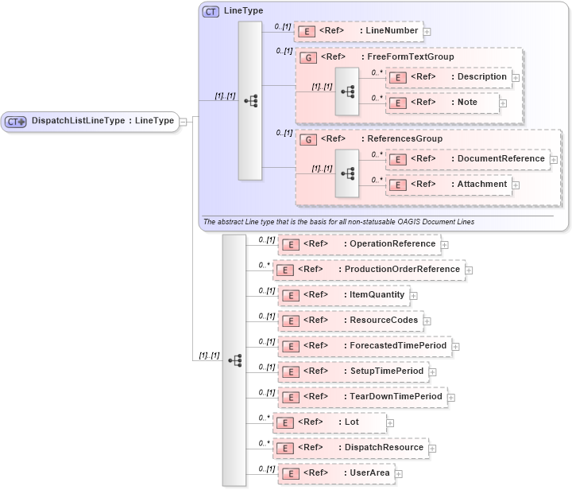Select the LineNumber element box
357,31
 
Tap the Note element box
443,103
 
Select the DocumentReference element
466,159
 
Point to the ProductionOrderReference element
369,270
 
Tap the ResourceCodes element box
350,321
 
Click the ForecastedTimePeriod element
364,346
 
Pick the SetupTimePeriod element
353,371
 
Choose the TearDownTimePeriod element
361,397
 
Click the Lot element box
329,422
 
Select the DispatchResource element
350,448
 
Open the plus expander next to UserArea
399,474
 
